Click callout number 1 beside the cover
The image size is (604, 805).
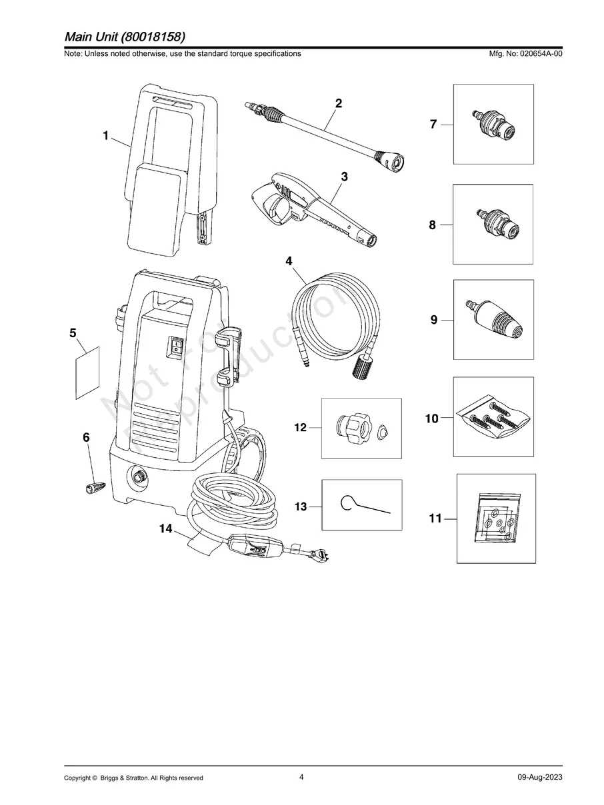point(105,135)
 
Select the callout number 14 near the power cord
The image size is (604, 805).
point(166,528)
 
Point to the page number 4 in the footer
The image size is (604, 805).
point(301,777)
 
